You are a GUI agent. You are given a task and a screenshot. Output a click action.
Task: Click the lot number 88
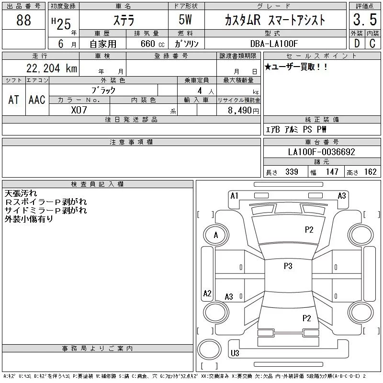[23, 21]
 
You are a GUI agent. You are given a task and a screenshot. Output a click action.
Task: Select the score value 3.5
[363, 21]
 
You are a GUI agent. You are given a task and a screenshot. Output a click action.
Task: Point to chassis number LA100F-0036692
[322, 152]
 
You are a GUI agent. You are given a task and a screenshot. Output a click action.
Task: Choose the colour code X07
[79, 110]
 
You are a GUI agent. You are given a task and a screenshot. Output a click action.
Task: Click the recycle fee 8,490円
[243, 110]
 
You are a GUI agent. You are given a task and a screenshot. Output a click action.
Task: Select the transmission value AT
[14, 100]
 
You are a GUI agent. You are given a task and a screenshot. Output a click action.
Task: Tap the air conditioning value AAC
[37, 100]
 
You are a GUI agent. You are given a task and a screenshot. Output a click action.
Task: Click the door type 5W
[186, 20]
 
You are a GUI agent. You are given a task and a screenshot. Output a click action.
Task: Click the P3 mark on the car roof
[288, 266]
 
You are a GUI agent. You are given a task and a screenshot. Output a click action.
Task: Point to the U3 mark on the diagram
[235, 353]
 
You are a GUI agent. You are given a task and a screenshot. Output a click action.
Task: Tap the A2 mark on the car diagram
[207, 293]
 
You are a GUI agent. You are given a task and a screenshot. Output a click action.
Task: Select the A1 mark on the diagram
[234, 195]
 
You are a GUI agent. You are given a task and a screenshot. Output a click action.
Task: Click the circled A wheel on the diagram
[215, 235]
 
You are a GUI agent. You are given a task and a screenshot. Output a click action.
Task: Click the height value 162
[370, 172]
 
